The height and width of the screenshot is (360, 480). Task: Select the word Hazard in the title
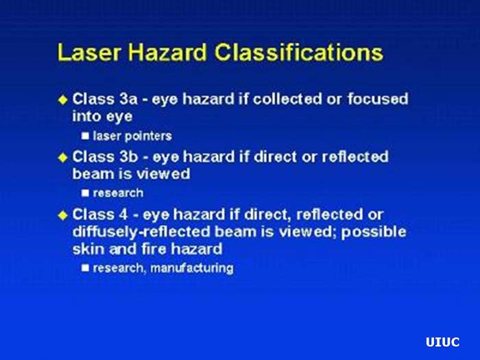160,53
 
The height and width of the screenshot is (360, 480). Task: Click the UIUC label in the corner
442,342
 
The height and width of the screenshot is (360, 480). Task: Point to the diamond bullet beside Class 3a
64,99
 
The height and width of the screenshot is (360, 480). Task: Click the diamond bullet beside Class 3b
64,157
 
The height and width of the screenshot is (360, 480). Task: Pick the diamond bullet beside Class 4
64,215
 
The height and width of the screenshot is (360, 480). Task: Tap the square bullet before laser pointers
86,136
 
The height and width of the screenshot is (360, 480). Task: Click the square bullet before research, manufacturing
86,268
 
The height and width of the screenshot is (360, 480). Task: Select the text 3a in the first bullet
131,99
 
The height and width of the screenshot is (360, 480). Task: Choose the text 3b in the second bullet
131,157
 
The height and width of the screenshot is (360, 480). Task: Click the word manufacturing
193,268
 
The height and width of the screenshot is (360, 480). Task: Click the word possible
374,232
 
